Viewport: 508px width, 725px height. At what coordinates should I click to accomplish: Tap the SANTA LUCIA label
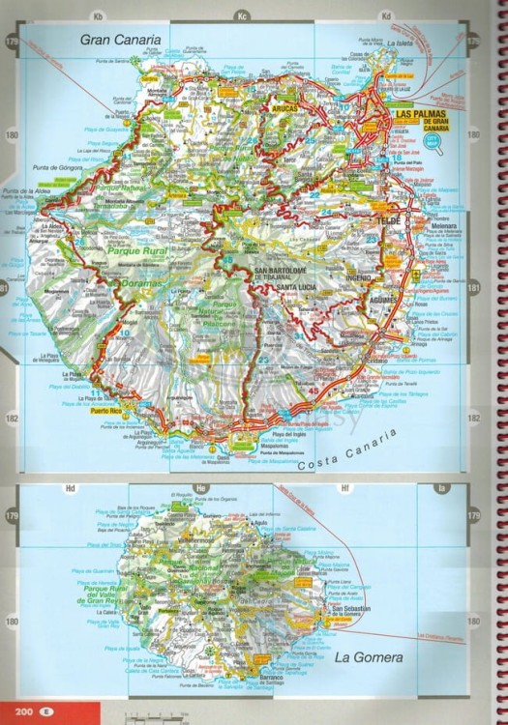298,287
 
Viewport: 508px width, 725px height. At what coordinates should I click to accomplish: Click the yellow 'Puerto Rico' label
105,412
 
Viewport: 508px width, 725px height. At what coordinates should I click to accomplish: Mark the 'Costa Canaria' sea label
349,450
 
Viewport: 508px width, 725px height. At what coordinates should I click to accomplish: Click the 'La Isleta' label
400,43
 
